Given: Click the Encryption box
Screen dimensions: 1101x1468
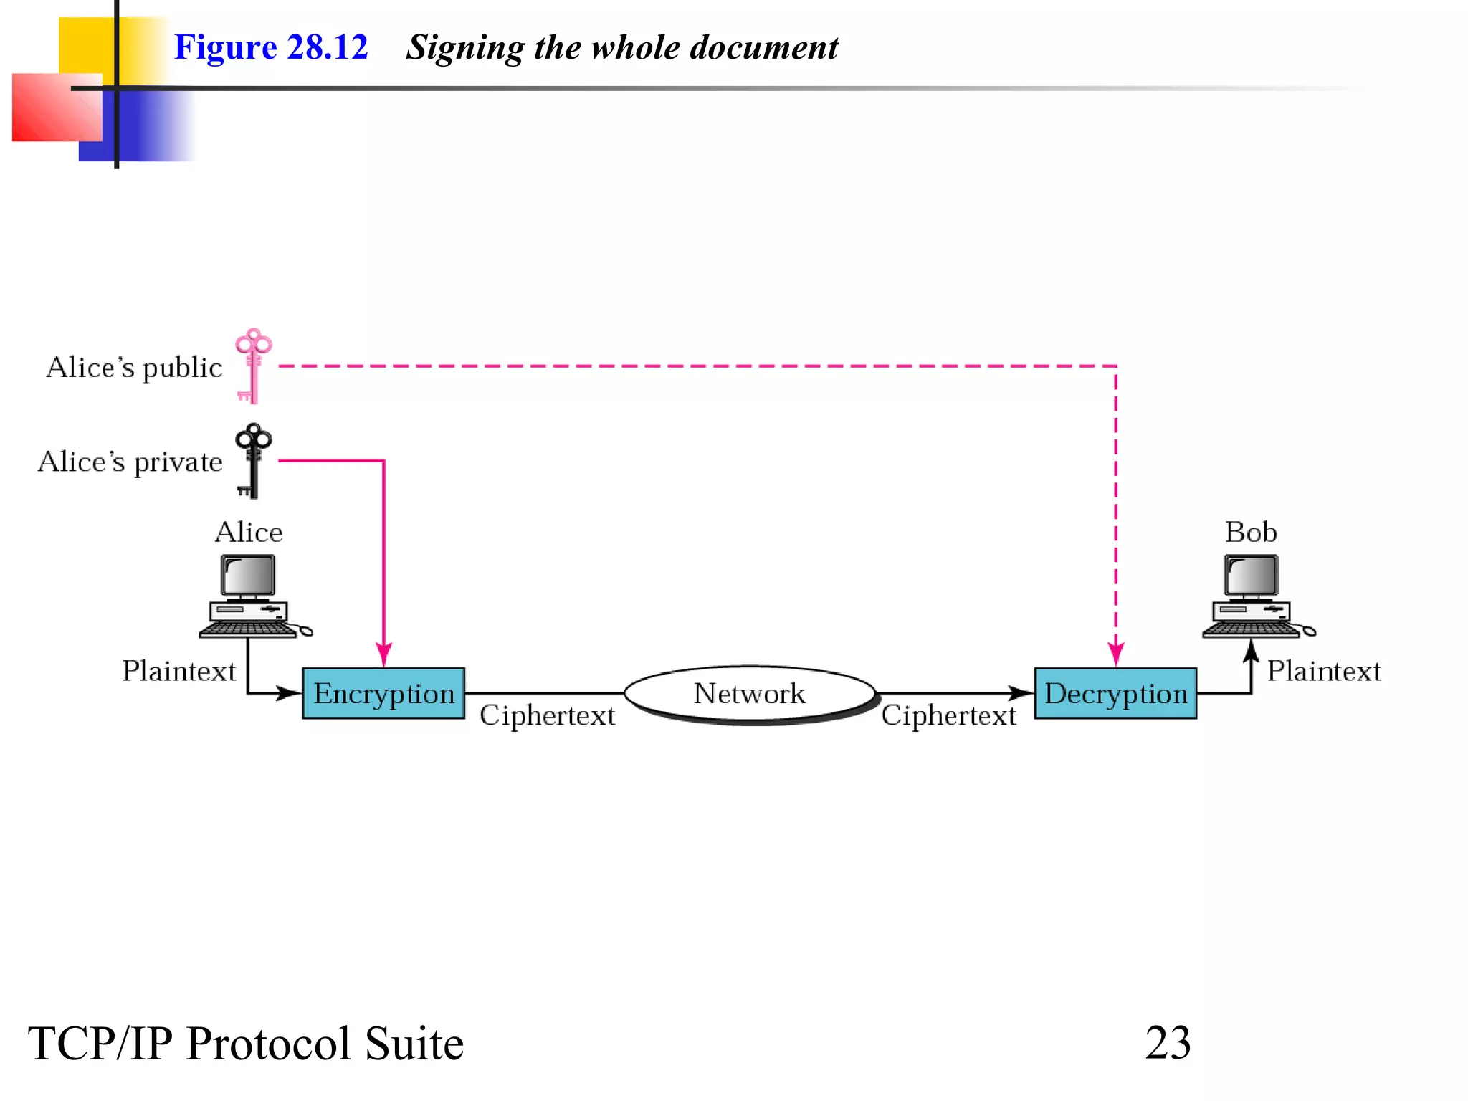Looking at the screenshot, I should (383, 693).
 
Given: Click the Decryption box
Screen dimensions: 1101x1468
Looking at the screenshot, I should (1115, 693).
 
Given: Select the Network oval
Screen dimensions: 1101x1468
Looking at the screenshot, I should (750, 693).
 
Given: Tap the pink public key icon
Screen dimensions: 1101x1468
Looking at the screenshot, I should (252, 366).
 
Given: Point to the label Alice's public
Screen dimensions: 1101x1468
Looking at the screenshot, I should (134, 367).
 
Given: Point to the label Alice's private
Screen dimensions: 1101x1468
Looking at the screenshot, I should (130, 462).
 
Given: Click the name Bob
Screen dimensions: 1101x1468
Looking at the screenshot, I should (1251, 532).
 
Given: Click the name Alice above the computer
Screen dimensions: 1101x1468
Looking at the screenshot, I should (249, 532).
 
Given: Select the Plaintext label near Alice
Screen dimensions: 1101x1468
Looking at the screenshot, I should (178, 671).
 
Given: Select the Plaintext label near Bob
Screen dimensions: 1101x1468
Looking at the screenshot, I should (1323, 671).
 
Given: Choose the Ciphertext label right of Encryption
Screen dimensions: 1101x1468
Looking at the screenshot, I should (547, 715).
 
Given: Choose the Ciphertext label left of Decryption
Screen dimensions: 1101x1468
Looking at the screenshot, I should (948, 715).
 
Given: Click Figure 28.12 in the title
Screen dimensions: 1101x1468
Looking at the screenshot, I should (271, 47).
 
